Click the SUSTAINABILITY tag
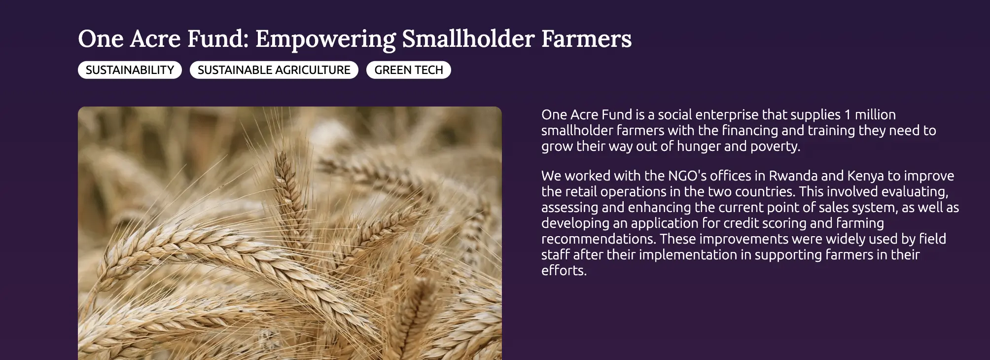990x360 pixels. (130, 70)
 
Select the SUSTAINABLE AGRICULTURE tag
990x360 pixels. (274, 70)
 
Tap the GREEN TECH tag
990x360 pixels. (408, 70)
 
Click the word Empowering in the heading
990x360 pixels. (325, 39)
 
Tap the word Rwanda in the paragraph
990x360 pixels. (793, 176)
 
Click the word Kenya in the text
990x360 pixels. (865, 176)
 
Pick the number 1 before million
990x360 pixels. (848, 115)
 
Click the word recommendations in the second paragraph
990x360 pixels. (599, 239)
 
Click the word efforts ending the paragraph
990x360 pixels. (564, 271)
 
